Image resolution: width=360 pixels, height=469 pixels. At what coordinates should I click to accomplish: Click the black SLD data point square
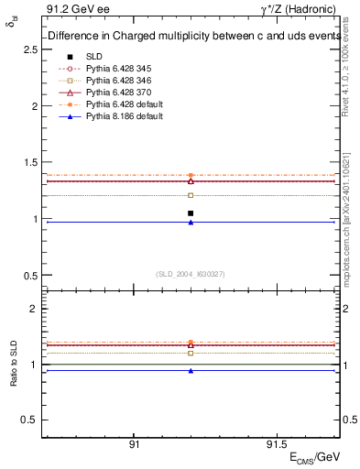(x=191, y=213)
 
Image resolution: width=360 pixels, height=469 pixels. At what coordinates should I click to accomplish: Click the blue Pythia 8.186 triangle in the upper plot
(x=191, y=223)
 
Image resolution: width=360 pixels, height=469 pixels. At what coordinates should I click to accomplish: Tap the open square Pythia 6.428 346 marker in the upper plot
(x=191, y=195)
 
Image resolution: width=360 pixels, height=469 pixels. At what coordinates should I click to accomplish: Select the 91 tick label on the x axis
(x=134, y=443)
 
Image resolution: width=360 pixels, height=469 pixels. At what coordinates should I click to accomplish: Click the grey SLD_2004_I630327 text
(x=191, y=274)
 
